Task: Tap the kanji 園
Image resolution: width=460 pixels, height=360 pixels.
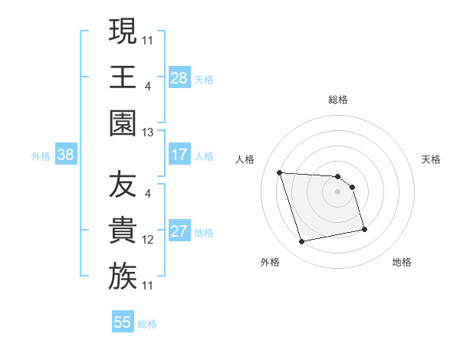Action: (123, 122)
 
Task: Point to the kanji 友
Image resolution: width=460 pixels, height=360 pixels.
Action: (123, 185)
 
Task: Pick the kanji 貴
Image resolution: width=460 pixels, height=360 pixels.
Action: (123, 231)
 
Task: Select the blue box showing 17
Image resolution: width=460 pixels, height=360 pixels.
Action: (179, 155)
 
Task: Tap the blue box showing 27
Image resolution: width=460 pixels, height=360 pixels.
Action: (179, 231)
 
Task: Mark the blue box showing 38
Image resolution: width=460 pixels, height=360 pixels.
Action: (66, 155)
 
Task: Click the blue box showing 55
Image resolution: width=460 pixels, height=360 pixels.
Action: (123, 322)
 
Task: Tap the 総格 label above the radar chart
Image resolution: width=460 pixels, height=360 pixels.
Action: (338, 100)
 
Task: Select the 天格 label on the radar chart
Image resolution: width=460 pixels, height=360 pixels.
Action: (432, 159)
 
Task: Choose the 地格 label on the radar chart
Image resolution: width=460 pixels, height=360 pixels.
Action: (402, 262)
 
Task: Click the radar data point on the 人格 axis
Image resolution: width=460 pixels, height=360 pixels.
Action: (280, 172)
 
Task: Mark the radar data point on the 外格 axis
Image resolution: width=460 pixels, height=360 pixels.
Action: (302, 242)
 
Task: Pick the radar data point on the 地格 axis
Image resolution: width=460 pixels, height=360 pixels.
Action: (364, 229)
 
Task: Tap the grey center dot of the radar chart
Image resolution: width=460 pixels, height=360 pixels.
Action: (338, 191)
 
